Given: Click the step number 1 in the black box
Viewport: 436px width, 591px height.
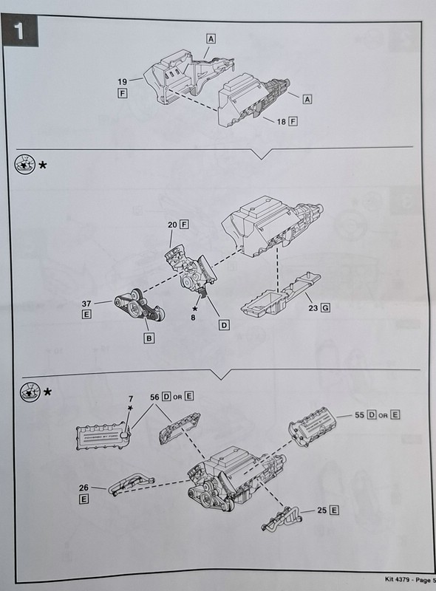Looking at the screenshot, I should (21, 32).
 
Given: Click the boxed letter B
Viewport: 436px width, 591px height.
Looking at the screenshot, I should (149, 338).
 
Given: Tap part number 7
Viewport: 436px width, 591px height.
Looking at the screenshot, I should (129, 400).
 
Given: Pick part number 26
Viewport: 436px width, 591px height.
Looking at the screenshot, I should (84, 488).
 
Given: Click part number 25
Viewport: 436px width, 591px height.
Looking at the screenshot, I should (321, 510).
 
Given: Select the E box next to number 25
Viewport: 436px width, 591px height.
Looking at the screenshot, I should (335, 510).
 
